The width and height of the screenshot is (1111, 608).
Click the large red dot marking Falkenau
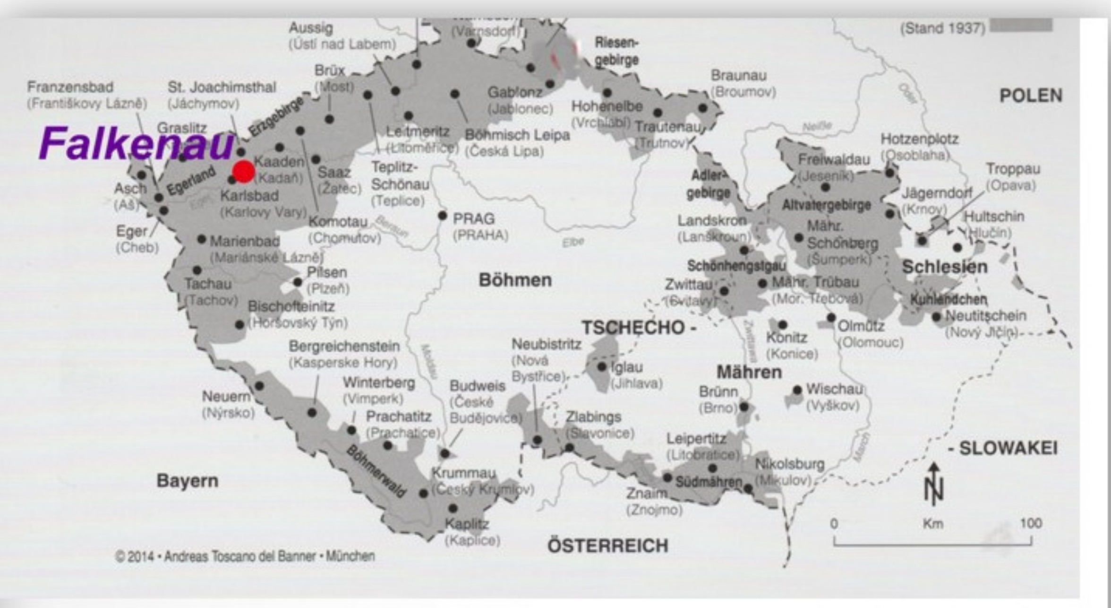tap(244, 172)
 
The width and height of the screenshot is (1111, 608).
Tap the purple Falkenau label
tap(136, 143)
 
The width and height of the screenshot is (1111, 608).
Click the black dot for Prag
tap(442, 216)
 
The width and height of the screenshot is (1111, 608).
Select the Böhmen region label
tap(515, 280)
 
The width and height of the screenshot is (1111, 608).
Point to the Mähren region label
tap(749, 372)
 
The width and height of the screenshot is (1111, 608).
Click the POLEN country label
tap(1031, 96)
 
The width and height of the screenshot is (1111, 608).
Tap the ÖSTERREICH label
tap(607, 546)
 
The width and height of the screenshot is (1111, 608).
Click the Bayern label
tap(188, 481)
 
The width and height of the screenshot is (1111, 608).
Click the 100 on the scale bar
tap(1031, 523)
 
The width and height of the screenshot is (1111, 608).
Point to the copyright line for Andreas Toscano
tap(245, 556)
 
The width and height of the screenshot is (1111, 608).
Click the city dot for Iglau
tap(601, 366)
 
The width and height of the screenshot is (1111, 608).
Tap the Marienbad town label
tap(245, 241)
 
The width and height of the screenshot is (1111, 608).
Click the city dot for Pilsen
tap(298, 282)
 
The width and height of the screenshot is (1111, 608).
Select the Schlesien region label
tap(945, 267)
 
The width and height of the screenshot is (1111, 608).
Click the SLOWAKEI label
tap(1008, 448)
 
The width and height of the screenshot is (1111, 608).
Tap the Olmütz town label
tap(861, 326)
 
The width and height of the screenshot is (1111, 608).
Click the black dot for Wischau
tap(797, 390)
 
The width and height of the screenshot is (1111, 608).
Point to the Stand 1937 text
tap(943, 28)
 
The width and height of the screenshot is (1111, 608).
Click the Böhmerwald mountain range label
tap(376, 471)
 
